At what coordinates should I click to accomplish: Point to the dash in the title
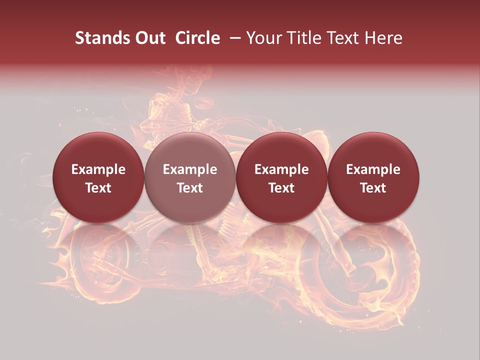pos(236,38)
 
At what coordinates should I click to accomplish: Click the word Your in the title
pos(264,38)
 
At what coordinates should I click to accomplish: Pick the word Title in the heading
pos(303,38)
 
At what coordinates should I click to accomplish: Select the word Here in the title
pos(382,38)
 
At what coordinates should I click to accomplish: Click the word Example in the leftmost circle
pos(98,169)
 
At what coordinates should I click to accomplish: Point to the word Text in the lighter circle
pos(190,188)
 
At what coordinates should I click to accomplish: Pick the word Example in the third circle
pos(281,169)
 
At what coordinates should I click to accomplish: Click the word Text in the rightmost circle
pos(373,188)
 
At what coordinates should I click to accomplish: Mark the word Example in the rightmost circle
pos(373,169)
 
